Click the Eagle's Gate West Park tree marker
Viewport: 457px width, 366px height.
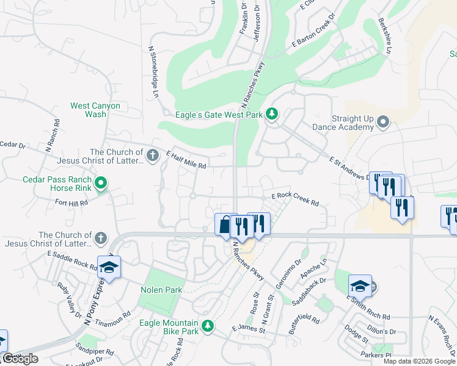pos(272,113)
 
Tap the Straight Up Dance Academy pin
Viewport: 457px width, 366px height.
pos(383,123)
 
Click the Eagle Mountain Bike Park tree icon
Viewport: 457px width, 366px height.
pos(208,326)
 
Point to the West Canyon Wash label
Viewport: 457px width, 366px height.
pos(96,110)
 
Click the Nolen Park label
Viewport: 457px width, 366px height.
pos(161,290)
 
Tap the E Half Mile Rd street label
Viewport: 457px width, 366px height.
pos(186,161)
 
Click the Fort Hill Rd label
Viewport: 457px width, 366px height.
pos(71,203)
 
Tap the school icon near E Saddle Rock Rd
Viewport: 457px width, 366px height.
pos(109,268)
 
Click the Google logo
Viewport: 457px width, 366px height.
pos(20,359)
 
